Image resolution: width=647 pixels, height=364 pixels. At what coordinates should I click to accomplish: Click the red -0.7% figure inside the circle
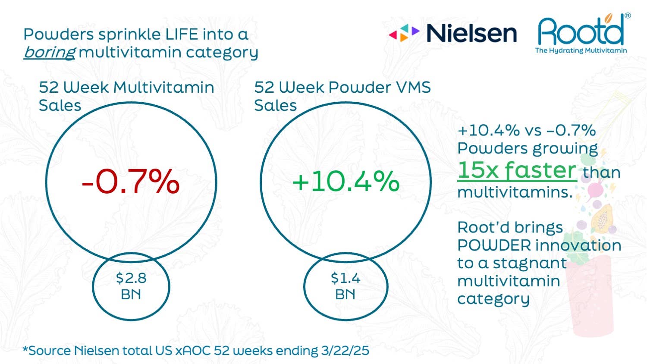tap(131, 182)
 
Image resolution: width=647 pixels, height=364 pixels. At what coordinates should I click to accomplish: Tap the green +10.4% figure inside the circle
tap(345, 182)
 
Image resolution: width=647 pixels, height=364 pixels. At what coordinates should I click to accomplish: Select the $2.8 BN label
tap(131, 286)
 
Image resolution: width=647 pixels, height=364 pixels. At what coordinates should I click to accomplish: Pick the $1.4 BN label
tap(345, 286)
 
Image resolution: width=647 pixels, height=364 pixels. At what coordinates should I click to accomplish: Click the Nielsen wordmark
tap(471, 34)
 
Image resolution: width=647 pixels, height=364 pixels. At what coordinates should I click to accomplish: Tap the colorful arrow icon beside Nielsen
tap(404, 33)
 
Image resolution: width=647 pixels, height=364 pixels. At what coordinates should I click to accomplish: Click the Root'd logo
tap(581, 31)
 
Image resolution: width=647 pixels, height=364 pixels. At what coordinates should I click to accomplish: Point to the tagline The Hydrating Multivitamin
tap(581, 50)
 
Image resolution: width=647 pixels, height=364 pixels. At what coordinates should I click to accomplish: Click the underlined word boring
tap(50, 52)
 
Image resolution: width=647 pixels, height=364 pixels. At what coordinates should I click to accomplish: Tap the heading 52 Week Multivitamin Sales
tap(126, 96)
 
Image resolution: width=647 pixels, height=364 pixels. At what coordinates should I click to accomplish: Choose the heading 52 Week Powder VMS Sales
tap(342, 96)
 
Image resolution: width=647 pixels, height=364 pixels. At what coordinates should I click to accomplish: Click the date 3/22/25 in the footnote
tap(345, 350)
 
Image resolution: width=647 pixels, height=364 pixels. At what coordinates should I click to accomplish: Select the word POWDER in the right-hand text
tap(494, 245)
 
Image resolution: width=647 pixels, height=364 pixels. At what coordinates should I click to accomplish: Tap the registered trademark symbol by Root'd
tap(628, 16)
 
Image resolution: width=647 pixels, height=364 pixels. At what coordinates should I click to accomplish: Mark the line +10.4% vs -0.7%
tap(526, 130)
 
